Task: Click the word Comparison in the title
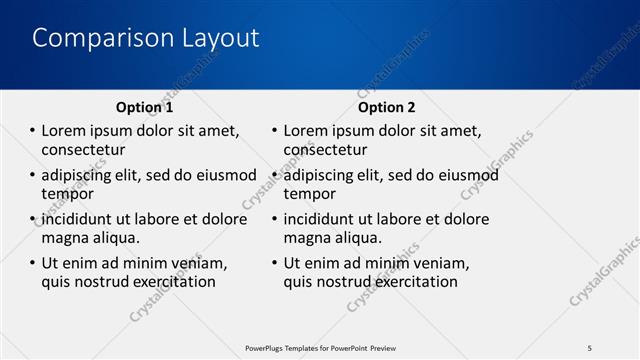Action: (x=90, y=38)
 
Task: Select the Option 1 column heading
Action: (x=144, y=107)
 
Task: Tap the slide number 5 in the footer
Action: (x=589, y=347)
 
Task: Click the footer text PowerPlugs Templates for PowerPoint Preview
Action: (x=320, y=347)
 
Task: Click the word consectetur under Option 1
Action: (x=83, y=150)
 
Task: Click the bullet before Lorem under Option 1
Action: (x=31, y=131)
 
